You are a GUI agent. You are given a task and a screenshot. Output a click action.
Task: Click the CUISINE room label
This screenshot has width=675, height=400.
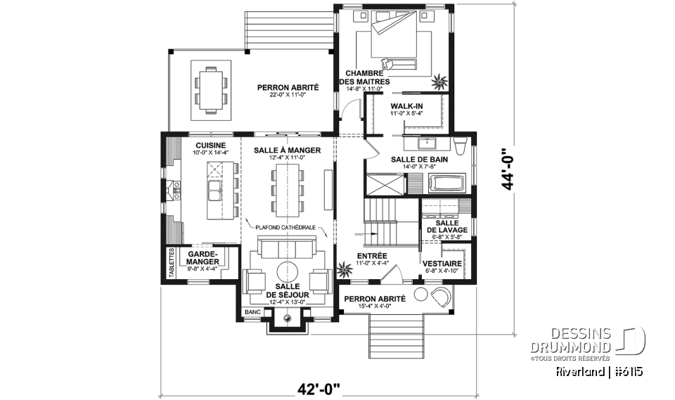coord(210,145)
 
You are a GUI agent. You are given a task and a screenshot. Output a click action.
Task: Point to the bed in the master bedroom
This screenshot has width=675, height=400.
coord(394,42)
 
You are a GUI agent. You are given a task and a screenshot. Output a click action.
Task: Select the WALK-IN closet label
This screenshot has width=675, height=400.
coord(406,106)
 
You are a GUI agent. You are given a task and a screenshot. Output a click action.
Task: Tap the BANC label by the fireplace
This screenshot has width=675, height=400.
coord(252,311)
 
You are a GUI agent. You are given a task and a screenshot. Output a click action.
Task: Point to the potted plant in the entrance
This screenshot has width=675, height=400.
coord(345,268)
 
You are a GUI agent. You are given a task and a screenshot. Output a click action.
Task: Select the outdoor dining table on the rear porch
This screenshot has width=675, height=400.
coord(211,89)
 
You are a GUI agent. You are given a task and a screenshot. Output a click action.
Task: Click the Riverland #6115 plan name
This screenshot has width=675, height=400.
coord(599,370)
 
